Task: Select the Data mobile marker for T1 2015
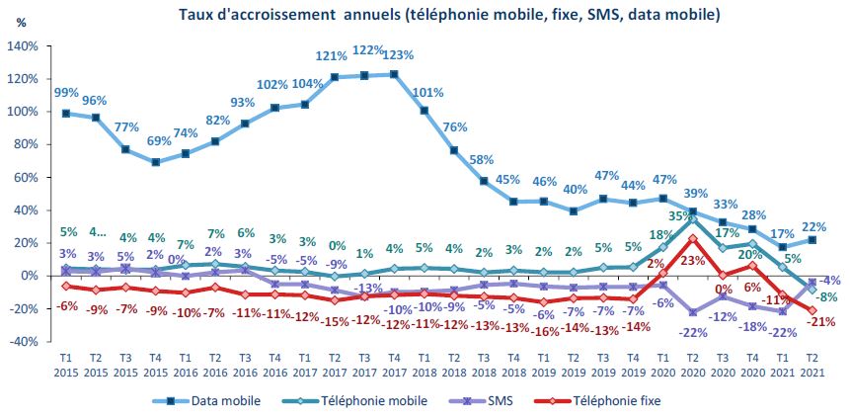tap(66, 114)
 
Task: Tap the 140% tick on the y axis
tap(26, 46)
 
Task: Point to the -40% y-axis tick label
tap(25, 341)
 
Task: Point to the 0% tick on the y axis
tap(30, 276)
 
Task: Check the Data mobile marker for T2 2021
tap(811, 240)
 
